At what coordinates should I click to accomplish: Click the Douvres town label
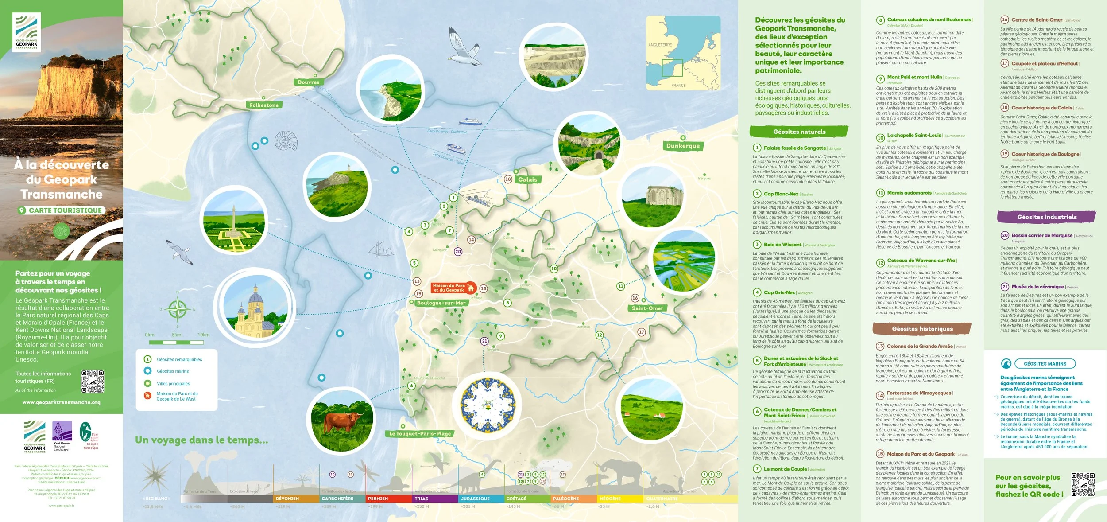tap(309, 82)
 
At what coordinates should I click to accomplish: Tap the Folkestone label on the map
tap(264, 105)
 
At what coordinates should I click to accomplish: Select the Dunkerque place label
tap(683, 146)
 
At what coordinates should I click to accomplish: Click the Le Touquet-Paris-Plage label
tap(420, 433)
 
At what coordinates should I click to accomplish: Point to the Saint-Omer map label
tap(647, 308)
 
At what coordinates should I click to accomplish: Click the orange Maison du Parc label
tap(449, 288)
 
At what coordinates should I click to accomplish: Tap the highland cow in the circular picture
tap(342, 421)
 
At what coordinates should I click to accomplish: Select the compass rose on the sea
tap(178, 309)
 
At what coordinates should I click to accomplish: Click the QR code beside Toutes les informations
tap(93, 382)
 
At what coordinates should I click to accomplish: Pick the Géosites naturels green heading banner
tap(799, 132)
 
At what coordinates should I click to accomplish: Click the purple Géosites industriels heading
tap(1046, 217)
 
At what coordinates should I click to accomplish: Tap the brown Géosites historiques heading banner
tap(922, 328)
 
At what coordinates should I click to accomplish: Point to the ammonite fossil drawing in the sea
tap(286, 141)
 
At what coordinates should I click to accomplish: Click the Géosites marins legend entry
tap(173, 371)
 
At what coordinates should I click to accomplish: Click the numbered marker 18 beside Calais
tap(508, 179)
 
